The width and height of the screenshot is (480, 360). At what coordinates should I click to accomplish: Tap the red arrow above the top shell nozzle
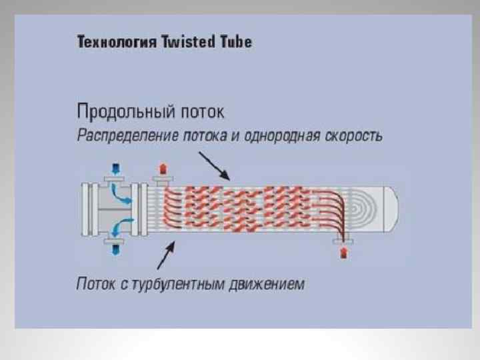point(161,167)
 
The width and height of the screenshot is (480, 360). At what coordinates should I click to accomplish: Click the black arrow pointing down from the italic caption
point(216,167)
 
